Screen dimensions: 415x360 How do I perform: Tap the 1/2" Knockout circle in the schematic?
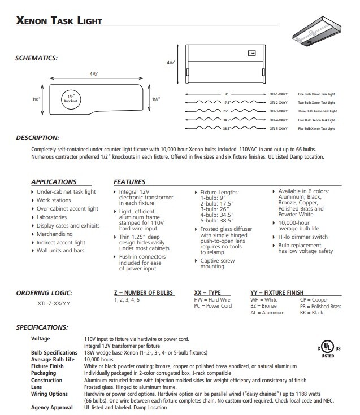70,97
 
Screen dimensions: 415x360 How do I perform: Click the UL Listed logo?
327,348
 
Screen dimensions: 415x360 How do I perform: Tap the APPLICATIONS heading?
54,182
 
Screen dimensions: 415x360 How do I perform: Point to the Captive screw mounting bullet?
218,264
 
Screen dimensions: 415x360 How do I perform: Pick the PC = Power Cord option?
213,307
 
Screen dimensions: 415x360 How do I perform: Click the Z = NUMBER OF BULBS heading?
144,292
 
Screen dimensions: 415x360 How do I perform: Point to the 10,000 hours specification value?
99,359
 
